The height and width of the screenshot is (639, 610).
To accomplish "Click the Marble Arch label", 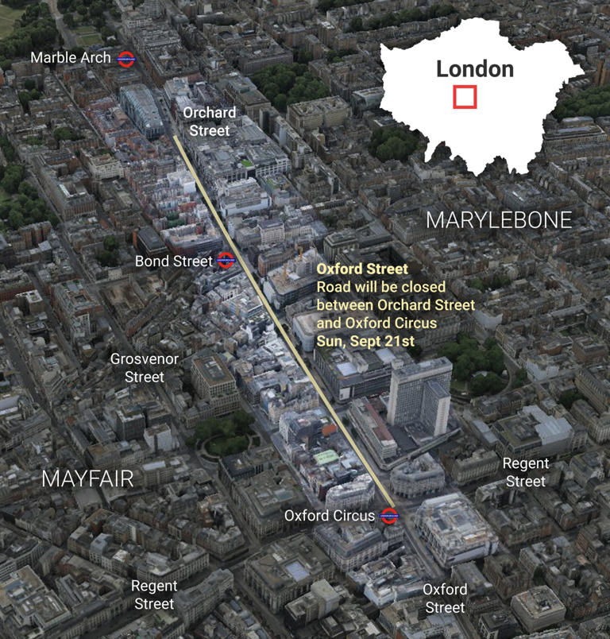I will (71, 58).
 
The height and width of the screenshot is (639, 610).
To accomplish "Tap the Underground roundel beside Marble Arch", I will (125, 58).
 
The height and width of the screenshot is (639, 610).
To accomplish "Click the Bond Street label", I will (173, 261).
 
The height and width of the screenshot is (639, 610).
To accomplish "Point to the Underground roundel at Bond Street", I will (225, 260).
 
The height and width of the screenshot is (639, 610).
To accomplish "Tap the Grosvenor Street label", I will (144, 368).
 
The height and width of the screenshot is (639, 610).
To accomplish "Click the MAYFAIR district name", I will (87, 478).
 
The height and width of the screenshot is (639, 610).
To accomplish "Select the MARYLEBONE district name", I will (499, 220).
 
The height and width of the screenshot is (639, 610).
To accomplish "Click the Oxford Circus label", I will (330, 516).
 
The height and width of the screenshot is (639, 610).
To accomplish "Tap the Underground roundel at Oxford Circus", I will (388, 515).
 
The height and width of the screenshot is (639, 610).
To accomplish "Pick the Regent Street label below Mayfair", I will (154, 594).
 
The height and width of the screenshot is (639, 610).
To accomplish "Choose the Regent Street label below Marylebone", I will (526, 472).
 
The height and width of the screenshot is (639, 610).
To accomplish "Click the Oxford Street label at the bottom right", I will (444, 598).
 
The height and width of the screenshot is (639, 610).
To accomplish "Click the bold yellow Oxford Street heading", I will (362, 269).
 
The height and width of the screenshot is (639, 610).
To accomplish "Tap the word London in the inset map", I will (475, 68).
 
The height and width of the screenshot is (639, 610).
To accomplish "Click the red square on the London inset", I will (465, 97).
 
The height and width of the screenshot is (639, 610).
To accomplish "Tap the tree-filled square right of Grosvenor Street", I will (224, 433).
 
